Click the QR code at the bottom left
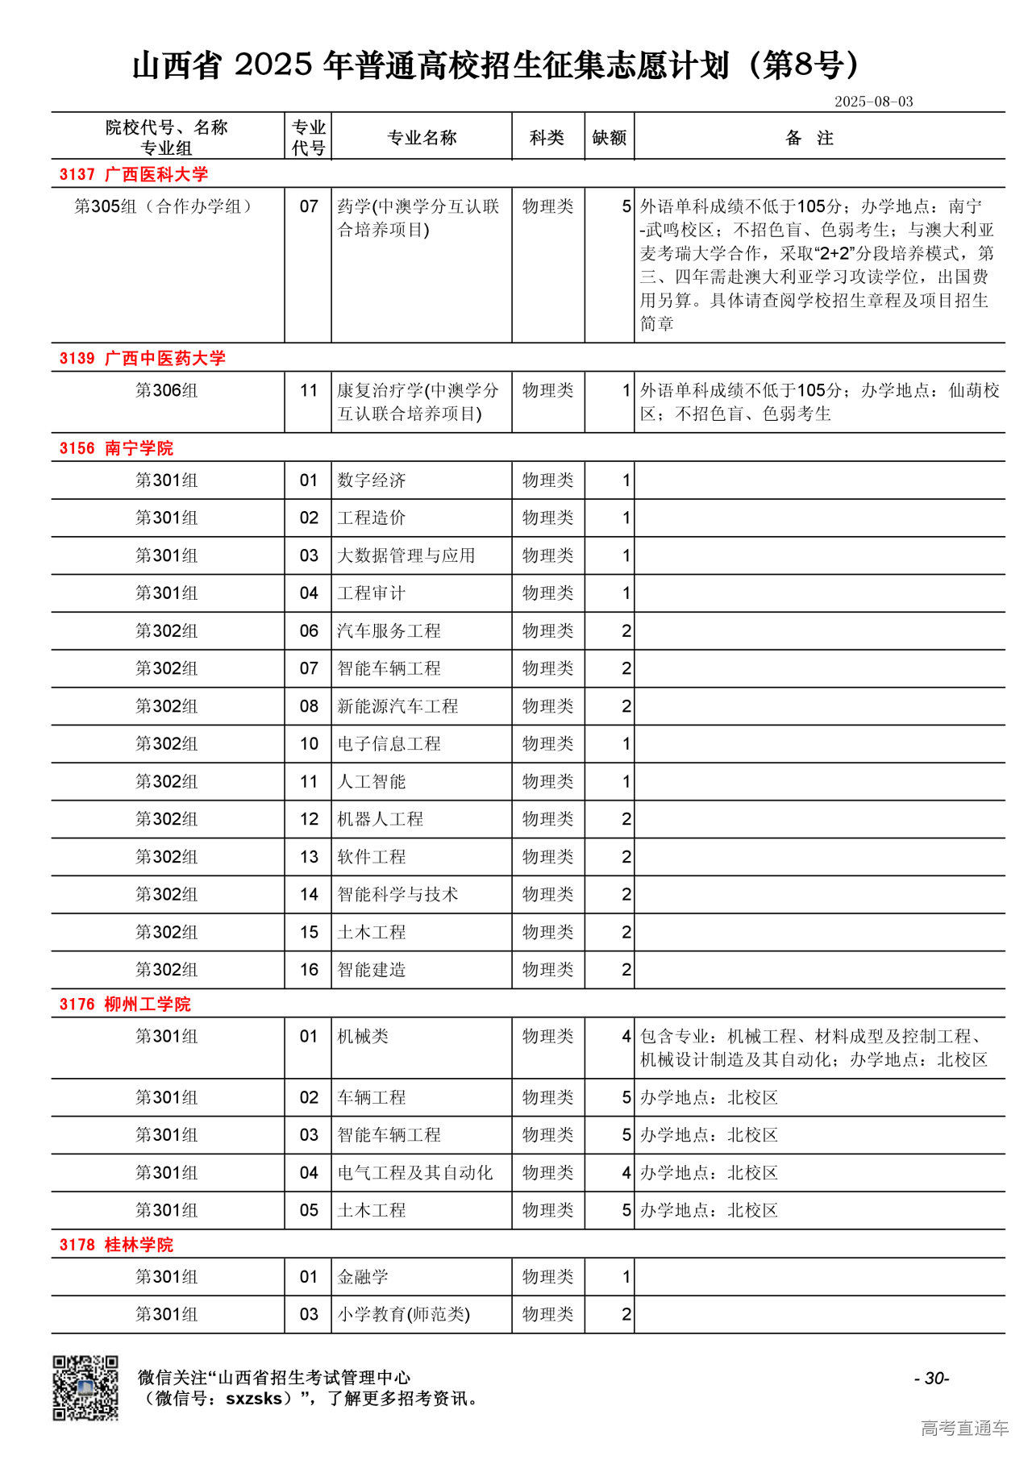tap(85, 1387)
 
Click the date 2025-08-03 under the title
tap(873, 102)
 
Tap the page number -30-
tap(931, 1379)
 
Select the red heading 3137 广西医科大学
tap(134, 174)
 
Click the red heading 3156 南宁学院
tap(116, 448)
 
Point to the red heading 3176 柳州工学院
tap(125, 1005)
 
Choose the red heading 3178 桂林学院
tap(116, 1245)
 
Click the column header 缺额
tap(609, 138)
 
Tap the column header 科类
tap(547, 138)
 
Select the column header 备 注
tap(809, 138)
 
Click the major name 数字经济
tap(372, 480)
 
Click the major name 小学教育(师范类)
tap(403, 1315)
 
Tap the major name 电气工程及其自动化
tap(414, 1173)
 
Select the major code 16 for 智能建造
tap(309, 970)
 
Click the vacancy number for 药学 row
tap(626, 206)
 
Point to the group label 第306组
tap(166, 391)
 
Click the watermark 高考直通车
tap(964, 1429)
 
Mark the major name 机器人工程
tap(380, 819)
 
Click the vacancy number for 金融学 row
tap(626, 1277)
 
